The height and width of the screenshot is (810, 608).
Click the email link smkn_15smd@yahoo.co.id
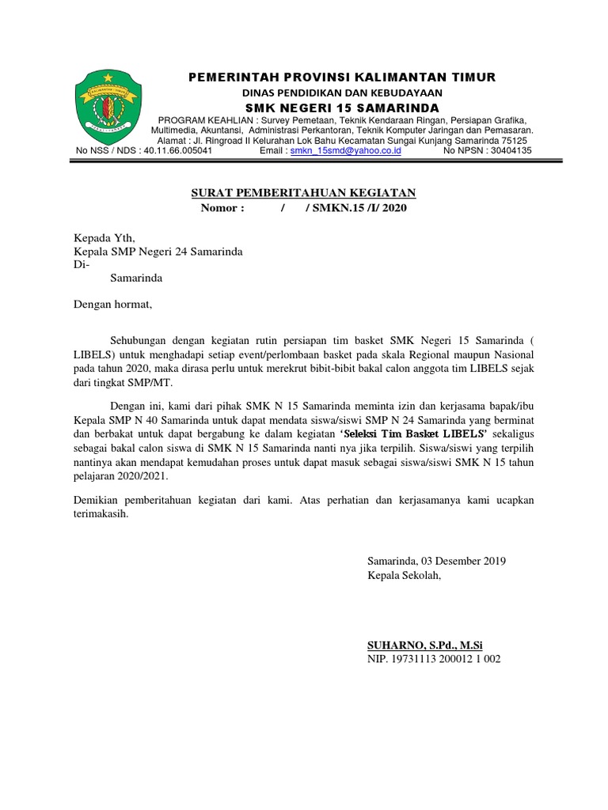(x=345, y=150)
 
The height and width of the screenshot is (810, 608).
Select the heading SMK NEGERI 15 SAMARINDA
(x=341, y=107)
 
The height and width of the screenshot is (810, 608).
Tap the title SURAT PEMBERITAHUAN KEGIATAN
(x=305, y=194)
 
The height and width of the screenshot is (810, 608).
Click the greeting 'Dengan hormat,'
(x=112, y=304)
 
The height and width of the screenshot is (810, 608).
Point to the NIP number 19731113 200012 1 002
(x=434, y=659)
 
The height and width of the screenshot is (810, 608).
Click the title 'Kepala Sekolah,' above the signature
(x=402, y=575)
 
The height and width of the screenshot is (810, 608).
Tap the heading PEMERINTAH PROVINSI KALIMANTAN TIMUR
(x=341, y=77)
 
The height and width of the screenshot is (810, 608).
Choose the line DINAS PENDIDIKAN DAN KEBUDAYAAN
(x=341, y=93)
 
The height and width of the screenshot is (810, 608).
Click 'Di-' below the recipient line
(x=82, y=265)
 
